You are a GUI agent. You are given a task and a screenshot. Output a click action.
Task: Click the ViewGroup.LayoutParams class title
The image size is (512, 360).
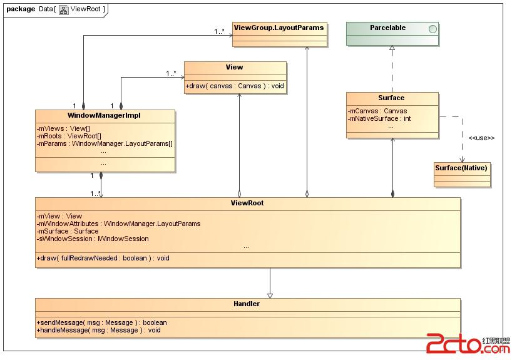pos(279,28)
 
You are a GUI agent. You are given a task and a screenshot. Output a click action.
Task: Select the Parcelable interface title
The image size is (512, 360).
pos(387,28)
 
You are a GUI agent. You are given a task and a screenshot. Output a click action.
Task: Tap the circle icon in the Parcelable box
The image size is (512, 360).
pos(431,29)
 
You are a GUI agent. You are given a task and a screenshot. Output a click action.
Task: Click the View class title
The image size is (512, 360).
pos(235,67)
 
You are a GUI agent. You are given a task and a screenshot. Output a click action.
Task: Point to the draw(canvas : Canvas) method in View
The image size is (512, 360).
pos(235,86)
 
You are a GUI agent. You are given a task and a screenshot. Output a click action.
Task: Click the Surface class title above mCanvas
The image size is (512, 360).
pos(391,98)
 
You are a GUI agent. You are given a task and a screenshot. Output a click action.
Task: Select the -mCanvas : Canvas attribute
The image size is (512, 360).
pos(377,111)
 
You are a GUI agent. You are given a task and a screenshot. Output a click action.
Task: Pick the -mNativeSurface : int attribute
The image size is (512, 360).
pos(380,118)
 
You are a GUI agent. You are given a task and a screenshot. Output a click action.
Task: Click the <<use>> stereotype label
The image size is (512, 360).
pos(481,138)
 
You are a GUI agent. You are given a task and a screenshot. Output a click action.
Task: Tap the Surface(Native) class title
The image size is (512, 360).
pos(461,168)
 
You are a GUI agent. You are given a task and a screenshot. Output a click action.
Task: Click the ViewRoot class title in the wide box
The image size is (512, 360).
pos(247,203)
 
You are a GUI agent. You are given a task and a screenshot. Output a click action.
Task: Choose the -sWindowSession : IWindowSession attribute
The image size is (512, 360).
pos(93,239)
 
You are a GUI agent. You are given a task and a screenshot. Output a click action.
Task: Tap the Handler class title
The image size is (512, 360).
pos(247,304)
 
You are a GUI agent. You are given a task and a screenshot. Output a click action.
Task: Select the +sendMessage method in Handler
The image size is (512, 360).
pos(101,322)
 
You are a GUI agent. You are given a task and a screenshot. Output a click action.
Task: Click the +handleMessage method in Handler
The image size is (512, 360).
pos(98,330)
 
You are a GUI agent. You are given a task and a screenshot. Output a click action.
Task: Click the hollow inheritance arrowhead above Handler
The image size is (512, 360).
pos(270,294)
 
